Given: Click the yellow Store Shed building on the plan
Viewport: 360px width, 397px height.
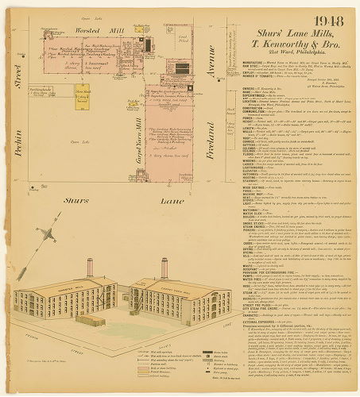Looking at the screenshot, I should click(81, 95).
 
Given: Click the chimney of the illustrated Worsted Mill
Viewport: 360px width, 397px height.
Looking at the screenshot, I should click(89, 267).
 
